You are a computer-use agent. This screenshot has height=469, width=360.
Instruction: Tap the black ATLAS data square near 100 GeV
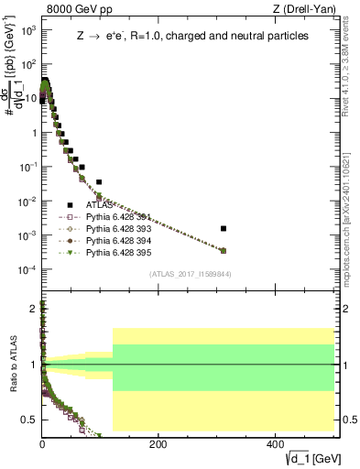(x=99, y=182)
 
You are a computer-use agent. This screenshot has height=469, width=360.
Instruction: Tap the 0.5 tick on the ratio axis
(x=30, y=420)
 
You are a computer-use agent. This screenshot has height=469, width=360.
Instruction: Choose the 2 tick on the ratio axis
(x=34, y=309)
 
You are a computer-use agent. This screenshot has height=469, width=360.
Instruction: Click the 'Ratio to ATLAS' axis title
(x=12, y=365)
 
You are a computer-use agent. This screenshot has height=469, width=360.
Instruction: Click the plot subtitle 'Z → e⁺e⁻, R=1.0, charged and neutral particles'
(x=192, y=36)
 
